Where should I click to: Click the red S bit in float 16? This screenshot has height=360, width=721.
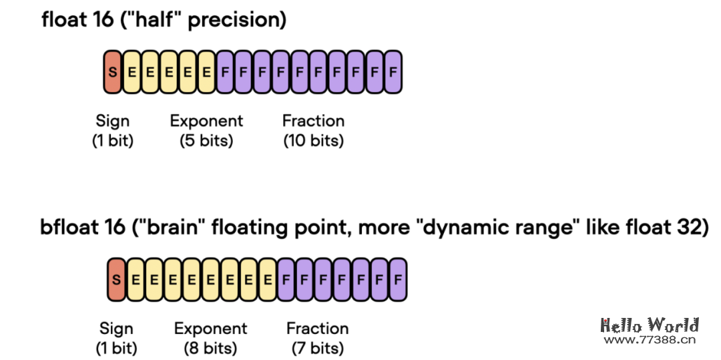(x=112, y=71)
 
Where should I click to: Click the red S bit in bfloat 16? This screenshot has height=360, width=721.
(x=116, y=279)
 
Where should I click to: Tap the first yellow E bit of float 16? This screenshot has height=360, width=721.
(x=132, y=71)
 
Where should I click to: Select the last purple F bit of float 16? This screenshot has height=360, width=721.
(x=393, y=71)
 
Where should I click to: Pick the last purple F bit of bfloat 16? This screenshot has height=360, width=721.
(x=397, y=279)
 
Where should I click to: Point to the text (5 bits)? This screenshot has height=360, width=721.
(x=206, y=142)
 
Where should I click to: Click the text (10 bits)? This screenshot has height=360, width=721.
(x=313, y=142)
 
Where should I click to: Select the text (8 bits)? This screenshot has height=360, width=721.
(x=210, y=349)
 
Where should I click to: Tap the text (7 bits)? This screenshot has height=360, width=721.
(x=317, y=349)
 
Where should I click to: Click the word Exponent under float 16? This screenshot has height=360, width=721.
(x=206, y=122)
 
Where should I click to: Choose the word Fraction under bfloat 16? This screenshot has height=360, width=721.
(x=317, y=329)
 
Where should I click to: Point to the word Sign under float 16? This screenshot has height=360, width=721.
(x=112, y=122)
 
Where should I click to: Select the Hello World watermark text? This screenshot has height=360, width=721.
(x=649, y=325)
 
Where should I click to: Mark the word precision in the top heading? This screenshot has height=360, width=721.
(x=237, y=20)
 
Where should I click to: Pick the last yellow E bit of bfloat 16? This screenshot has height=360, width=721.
(x=267, y=279)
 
